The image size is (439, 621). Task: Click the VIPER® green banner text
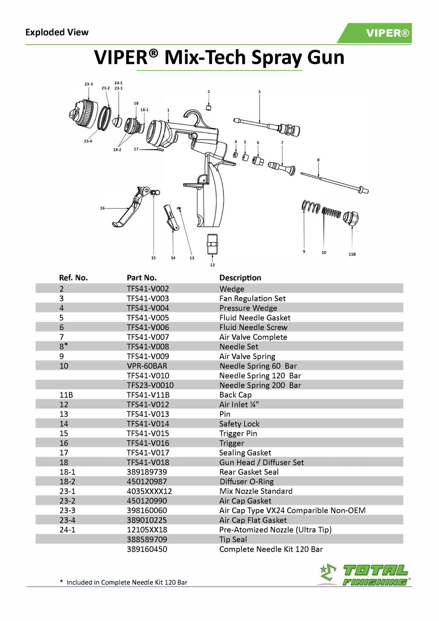387,33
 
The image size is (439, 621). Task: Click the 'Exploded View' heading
57,32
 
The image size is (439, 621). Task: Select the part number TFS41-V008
148,347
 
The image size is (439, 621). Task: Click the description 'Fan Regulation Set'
252,299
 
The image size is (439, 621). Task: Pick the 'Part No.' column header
141,278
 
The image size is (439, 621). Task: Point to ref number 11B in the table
66,395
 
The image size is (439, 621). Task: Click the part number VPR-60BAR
147,366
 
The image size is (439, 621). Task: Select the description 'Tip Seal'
233,539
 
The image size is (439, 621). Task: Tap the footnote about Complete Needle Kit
124,582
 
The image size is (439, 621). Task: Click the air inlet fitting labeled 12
212,244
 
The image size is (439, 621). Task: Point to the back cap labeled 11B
351,218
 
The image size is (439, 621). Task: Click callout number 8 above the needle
318,160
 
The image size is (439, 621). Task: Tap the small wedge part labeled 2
209,107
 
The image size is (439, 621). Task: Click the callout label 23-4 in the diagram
88,141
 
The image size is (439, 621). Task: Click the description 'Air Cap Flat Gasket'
253,520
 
